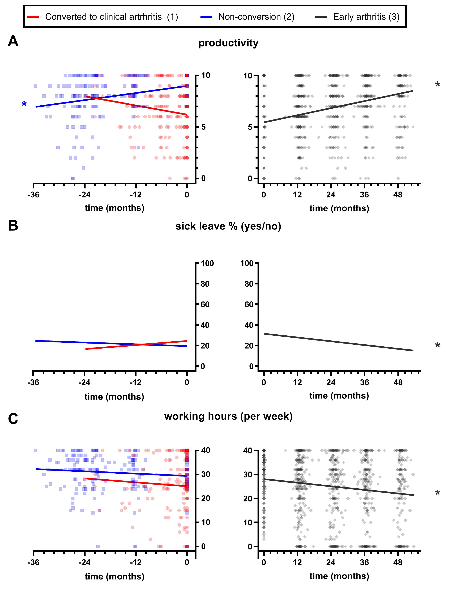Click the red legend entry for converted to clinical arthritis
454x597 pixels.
[103, 17]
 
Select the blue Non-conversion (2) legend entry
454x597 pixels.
[247, 17]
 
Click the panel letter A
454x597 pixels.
[13, 41]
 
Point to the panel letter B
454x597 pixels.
[13, 225]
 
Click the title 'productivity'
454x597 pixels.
[228, 43]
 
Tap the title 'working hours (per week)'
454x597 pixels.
[228, 416]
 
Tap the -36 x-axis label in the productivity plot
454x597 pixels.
[33, 195]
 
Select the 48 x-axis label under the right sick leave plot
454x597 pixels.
[398, 382]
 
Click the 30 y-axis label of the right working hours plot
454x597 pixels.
[248, 474]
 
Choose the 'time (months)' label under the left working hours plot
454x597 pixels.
[114, 576]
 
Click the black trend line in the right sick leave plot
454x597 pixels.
[338, 342]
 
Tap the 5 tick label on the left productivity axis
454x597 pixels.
[203, 127]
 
